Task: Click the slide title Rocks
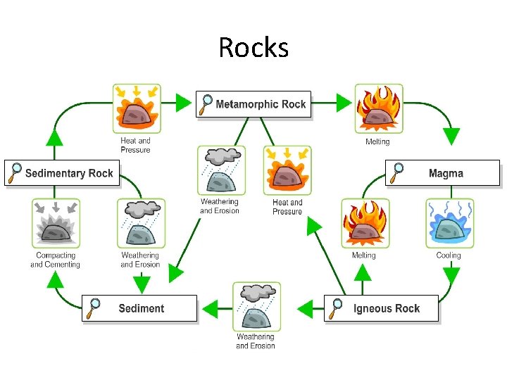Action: tap(253, 48)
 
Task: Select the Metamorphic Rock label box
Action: tap(254, 104)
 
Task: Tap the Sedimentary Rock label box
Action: tap(63, 173)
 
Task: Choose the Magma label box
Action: tap(443, 173)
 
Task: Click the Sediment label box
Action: tap(139, 308)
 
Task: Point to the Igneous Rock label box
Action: tap(381, 308)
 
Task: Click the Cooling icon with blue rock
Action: tap(449, 223)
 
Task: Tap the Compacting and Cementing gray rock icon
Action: tap(56, 223)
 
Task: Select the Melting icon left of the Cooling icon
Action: tap(365, 223)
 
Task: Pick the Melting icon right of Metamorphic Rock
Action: tap(378, 108)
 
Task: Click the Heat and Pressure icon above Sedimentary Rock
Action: tap(137, 108)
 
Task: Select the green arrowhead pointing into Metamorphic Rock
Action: tap(183, 103)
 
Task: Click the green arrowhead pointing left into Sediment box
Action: tap(208, 308)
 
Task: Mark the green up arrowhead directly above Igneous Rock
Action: tap(363, 272)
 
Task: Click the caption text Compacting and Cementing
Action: tap(55, 260)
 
